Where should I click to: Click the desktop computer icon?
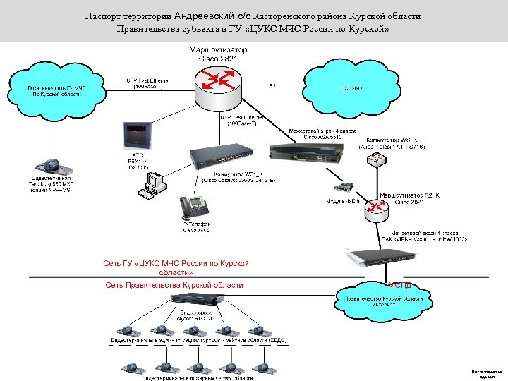[x=154, y=183]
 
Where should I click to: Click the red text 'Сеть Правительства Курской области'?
[x=174, y=285]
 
